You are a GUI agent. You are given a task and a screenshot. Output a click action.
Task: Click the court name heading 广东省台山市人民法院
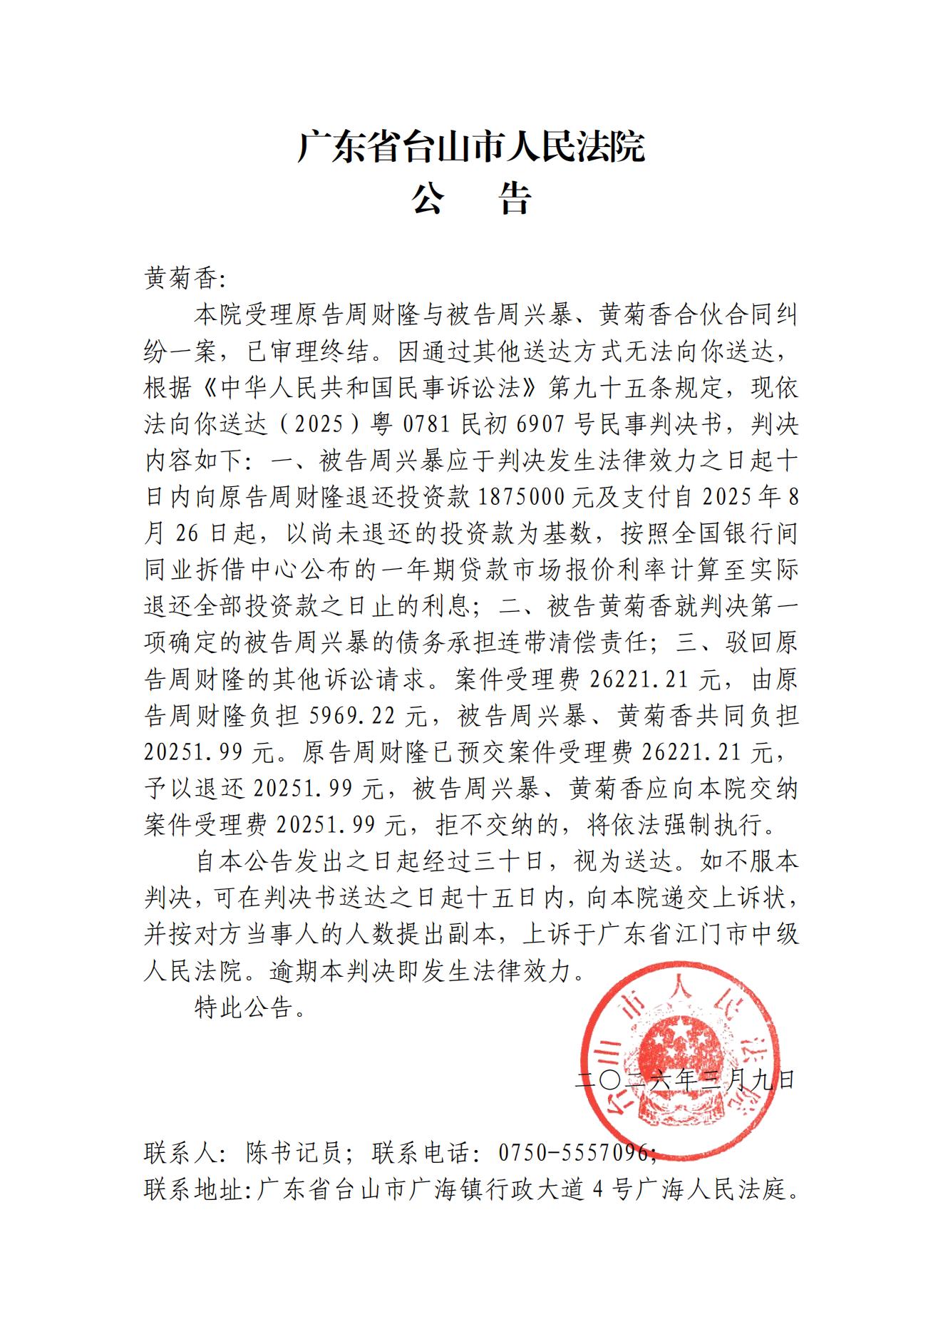pyautogui.click(x=470, y=147)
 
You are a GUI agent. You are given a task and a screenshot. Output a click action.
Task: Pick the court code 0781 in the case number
pyautogui.click(x=426, y=425)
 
